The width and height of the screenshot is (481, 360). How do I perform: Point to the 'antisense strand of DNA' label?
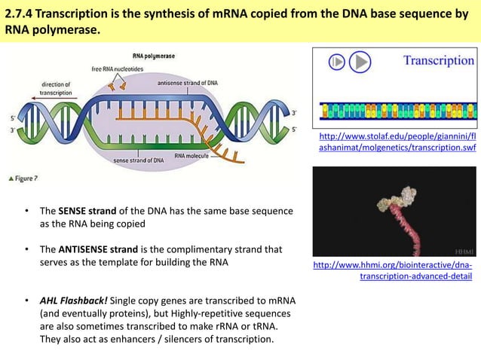(x=188, y=82)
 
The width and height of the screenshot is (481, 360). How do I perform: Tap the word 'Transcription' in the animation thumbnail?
(x=438, y=60)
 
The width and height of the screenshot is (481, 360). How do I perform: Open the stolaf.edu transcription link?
(x=398, y=143)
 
